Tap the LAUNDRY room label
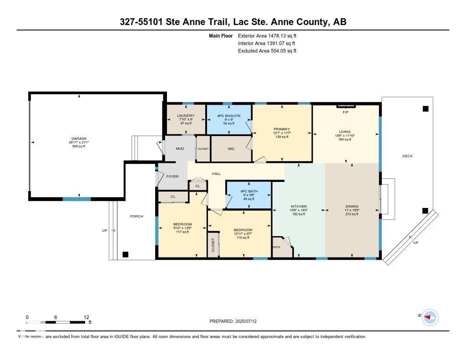[186, 116]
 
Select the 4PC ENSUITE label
[228, 116]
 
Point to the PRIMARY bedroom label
[282, 129]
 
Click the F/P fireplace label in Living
[345, 112]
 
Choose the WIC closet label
[231, 149]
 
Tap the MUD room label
[180, 149]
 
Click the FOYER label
[172, 176]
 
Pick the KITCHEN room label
[299, 206]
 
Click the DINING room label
[352, 206]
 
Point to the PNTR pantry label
[276, 247]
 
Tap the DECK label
[407, 156]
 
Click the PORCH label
[137, 216]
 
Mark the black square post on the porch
[126, 254]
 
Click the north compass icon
[429, 317]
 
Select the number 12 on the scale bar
[86, 317]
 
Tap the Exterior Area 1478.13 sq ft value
[267, 35]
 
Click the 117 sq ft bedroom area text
[182, 232]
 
